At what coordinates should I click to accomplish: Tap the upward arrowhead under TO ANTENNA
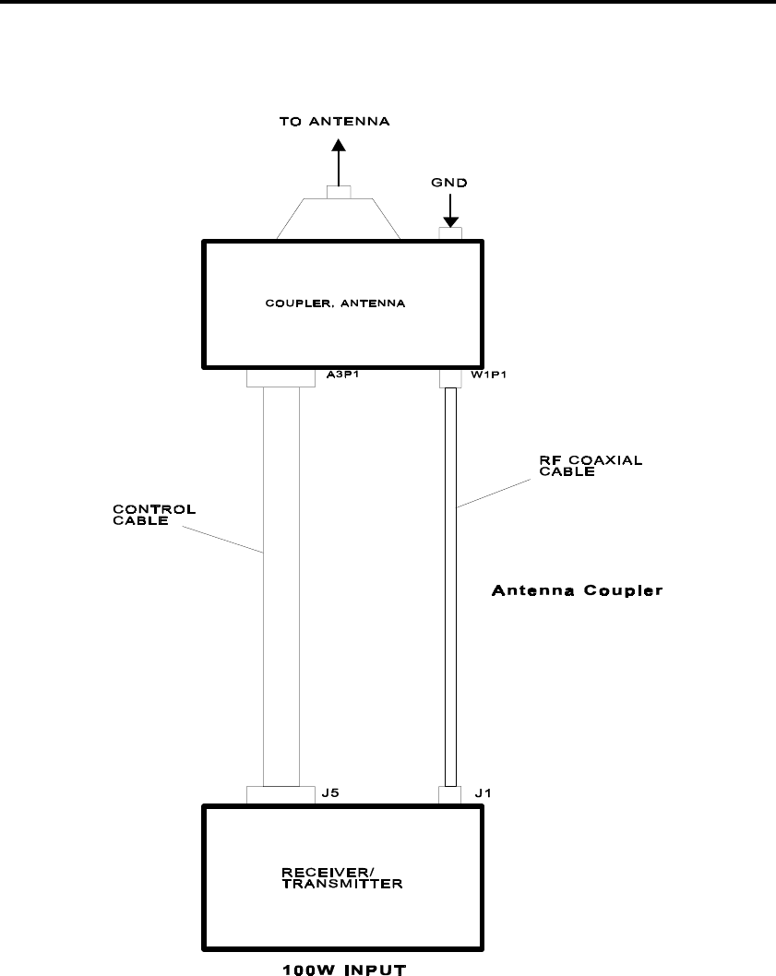coord(339,146)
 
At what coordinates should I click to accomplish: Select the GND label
coord(450,183)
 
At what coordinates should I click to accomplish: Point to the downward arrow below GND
coord(450,217)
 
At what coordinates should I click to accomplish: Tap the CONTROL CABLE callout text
coord(142,513)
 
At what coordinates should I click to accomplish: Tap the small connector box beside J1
coord(450,794)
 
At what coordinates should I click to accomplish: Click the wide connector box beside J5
coord(281,794)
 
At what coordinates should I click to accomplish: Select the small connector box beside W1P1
coord(450,378)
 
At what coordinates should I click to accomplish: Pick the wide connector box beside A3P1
coord(281,378)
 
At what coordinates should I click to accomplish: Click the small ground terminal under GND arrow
coord(450,234)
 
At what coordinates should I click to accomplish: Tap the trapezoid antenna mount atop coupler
coord(339,221)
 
